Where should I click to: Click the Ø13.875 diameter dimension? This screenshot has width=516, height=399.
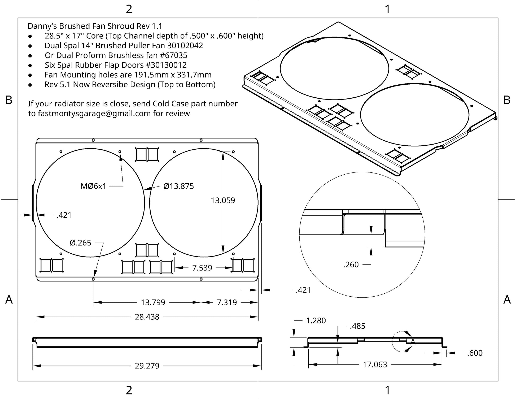click(x=179, y=186)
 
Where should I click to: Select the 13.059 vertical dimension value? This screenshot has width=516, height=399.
click(x=223, y=200)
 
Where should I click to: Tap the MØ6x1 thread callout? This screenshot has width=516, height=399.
click(x=93, y=186)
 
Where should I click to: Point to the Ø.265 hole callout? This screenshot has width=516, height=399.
click(x=80, y=243)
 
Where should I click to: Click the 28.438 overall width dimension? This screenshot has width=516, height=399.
click(x=147, y=317)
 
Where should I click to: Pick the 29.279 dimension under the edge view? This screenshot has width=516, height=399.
click(x=147, y=366)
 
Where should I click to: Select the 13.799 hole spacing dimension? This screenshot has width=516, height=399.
click(x=153, y=302)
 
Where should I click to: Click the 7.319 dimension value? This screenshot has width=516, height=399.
click(x=227, y=302)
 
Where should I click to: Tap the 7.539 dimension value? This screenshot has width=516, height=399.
click(x=202, y=268)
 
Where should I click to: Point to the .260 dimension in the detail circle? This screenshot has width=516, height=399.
click(x=351, y=264)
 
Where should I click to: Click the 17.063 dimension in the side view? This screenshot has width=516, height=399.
click(x=375, y=365)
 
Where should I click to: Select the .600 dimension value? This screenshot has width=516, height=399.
click(x=475, y=353)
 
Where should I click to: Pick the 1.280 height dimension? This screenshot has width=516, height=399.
click(x=316, y=321)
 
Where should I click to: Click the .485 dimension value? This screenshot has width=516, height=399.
click(x=357, y=326)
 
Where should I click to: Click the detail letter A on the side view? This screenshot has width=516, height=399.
click(x=413, y=342)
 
